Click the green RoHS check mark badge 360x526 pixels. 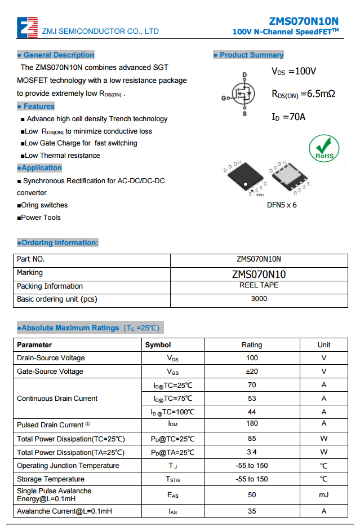(324, 148)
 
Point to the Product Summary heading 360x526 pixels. (248, 55)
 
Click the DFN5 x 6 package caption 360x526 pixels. (282, 205)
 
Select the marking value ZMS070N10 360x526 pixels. (259, 275)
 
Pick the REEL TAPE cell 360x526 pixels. (259, 285)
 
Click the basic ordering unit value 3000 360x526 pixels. (259, 299)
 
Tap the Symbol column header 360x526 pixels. (158, 344)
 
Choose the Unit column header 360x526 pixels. (324, 344)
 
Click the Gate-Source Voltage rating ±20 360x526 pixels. (252, 372)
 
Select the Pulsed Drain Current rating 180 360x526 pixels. (252, 423)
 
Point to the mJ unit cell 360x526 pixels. (324, 495)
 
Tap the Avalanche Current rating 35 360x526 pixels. (252, 511)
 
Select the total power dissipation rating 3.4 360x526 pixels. (252, 452)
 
